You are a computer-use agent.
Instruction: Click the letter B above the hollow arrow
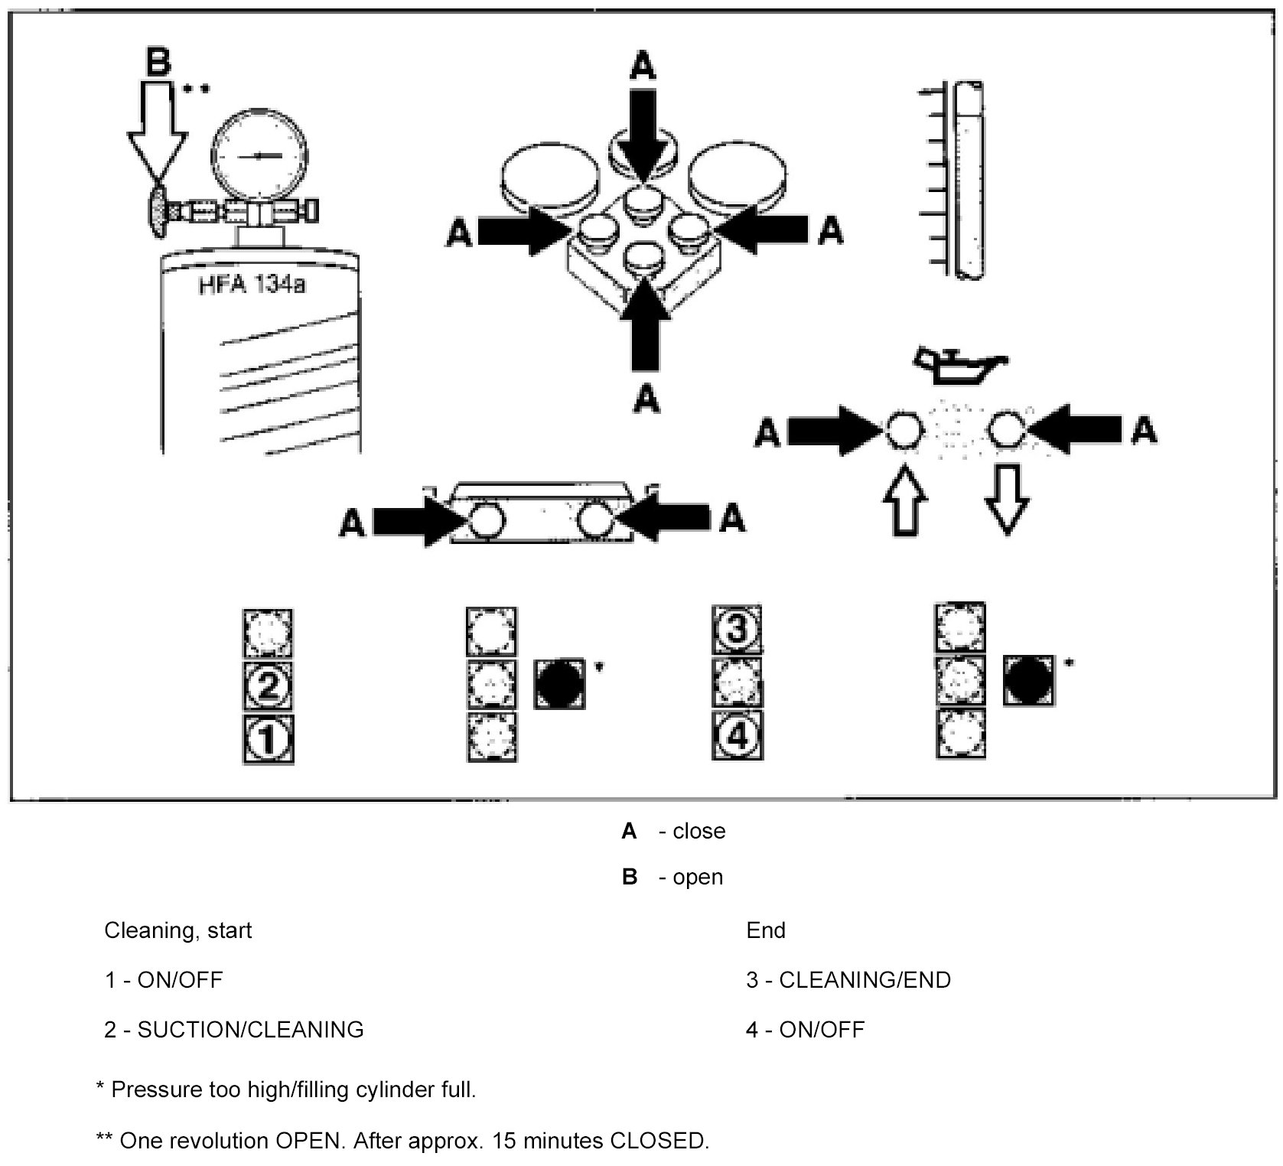pos(158,60)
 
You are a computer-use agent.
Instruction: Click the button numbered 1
pos(269,739)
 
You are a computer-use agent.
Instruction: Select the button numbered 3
pos(738,632)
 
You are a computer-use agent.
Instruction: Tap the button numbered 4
pos(738,736)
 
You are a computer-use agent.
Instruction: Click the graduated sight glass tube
pos(968,180)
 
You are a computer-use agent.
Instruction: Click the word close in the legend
pos(698,831)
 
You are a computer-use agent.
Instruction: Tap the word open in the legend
pos(698,877)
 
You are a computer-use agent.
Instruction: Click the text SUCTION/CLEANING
pos(250,1030)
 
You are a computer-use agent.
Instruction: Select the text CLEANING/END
pos(865,980)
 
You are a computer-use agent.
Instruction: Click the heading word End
pos(766,930)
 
